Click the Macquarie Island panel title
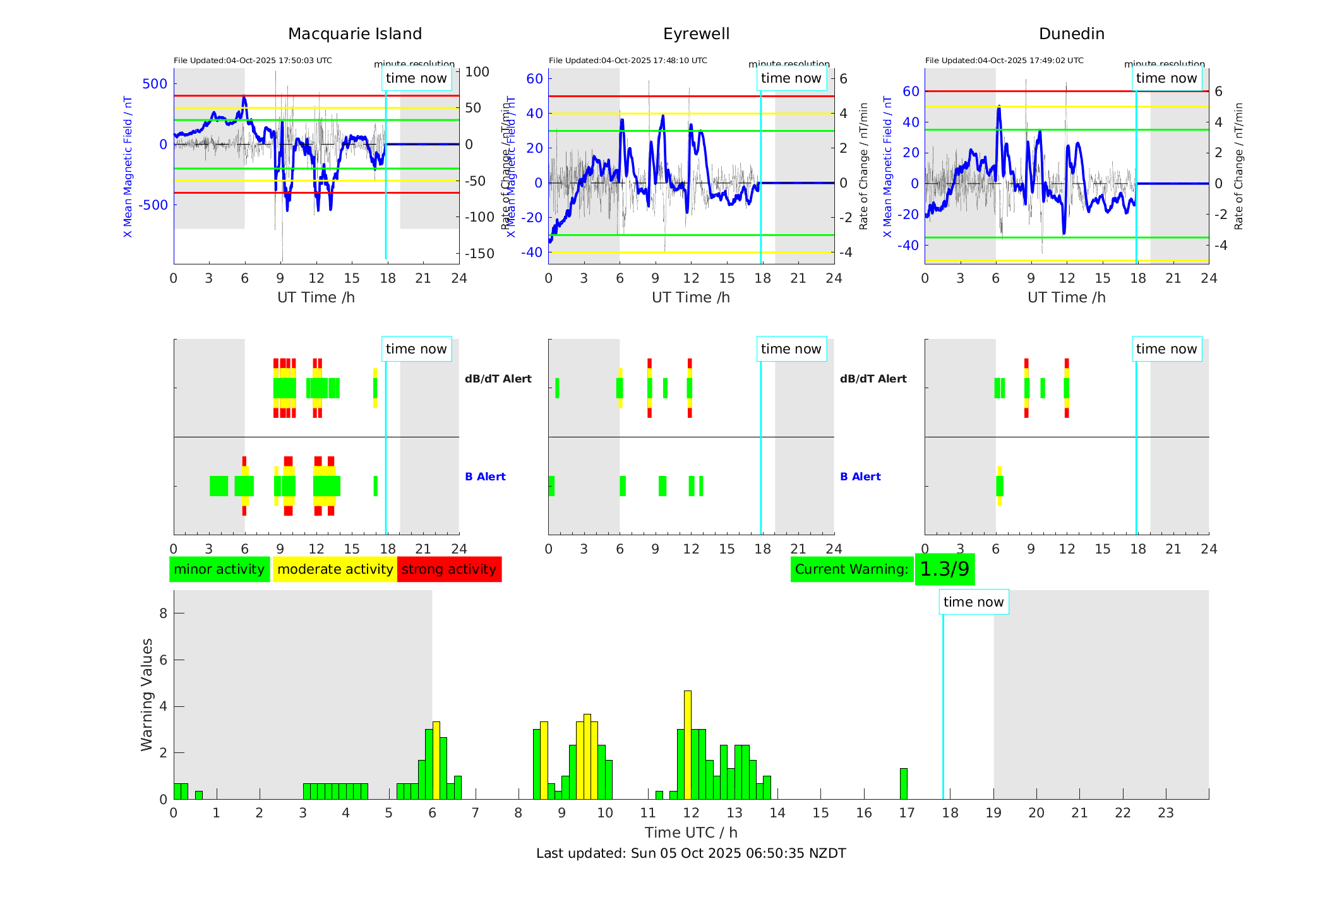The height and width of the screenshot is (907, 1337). (x=355, y=33)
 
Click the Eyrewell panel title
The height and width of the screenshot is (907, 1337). (x=696, y=33)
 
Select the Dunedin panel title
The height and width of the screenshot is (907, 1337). (x=1071, y=33)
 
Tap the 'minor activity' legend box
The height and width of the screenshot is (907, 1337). (x=219, y=569)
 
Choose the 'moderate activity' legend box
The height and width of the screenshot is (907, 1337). (x=335, y=569)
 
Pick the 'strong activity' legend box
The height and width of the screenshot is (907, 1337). (x=449, y=569)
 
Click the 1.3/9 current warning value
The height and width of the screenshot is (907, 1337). (x=944, y=569)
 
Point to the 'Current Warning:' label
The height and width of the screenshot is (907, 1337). (x=851, y=569)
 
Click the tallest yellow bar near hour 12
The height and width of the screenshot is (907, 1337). (x=687, y=745)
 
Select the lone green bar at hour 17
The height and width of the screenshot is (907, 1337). (x=903, y=783)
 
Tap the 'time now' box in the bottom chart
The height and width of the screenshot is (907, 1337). (x=973, y=602)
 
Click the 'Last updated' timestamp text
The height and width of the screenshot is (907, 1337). (x=691, y=853)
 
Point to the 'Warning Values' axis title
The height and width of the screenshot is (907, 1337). (x=147, y=694)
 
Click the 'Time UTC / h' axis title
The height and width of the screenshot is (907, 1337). (x=691, y=832)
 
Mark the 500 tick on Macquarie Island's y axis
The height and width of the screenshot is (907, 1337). (x=155, y=84)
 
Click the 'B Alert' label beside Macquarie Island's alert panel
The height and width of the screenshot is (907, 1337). (x=485, y=477)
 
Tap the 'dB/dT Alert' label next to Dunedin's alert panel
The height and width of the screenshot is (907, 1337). (x=873, y=379)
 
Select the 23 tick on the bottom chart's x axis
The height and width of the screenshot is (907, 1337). (x=1165, y=812)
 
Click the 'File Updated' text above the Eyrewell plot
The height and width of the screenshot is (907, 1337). (x=628, y=61)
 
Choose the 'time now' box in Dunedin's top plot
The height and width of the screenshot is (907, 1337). (x=1166, y=78)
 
